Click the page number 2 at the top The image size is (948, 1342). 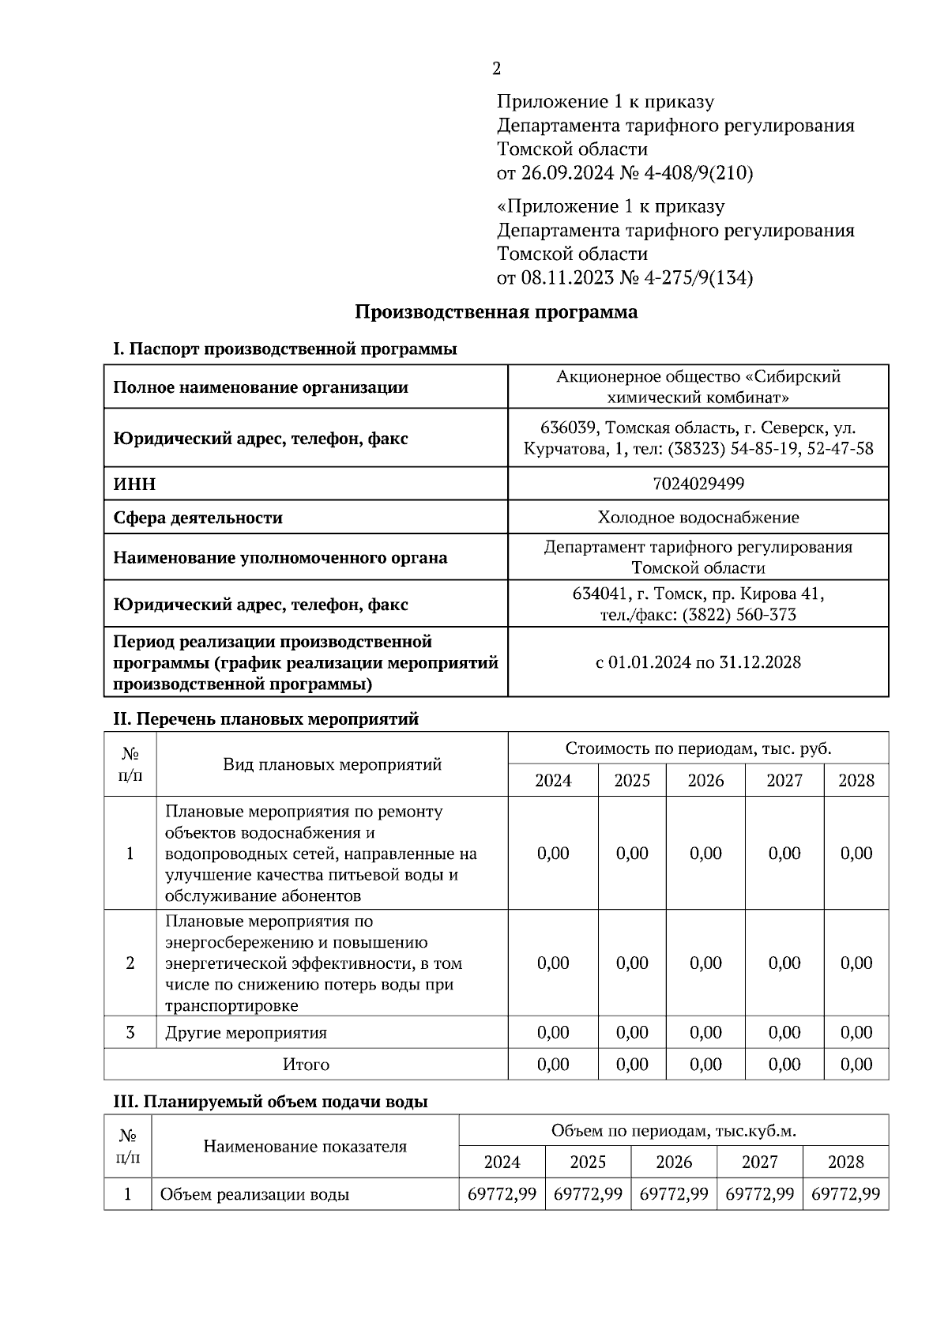pyautogui.click(x=496, y=69)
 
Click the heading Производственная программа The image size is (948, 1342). pyautogui.click(x=495, y=312)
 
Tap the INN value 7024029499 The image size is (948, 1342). pyautogui.click(x=698, y=483)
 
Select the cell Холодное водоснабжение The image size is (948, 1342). pyautogui.click(x=698, y=518)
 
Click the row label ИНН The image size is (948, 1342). pyautogui.click(x=134, y=484)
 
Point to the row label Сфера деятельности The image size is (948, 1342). pyautogui.click(x=197, y=518)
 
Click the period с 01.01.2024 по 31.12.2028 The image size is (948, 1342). pyautogui.click(x=698, y=662)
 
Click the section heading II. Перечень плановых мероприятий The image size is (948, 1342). pyautogui.click(x=265, y=719)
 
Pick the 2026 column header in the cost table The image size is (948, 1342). pyautogui.click(x=705, y=781)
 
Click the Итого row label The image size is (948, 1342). pyautogui.click(x=306, y=1065)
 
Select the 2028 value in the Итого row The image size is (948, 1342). pyautogui.click(x=856, y=1065)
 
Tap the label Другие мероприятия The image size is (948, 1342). pyautogui.click(x=246, y=1033)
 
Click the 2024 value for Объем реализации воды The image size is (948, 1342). pyautogui.click(x=502, y=1194)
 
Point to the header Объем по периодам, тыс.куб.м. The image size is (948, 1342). pyautogui.click(x=673, y=1131)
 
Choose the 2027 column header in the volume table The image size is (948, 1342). pyautogui.click(x=759, y=1163)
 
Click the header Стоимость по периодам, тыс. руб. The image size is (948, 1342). pyautogui.click(x=698, y=748)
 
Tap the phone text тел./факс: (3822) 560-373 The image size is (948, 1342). pyautogui.click(x=698, y=615)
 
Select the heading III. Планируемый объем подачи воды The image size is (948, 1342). pyautogui.click(x=271, y=1102)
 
